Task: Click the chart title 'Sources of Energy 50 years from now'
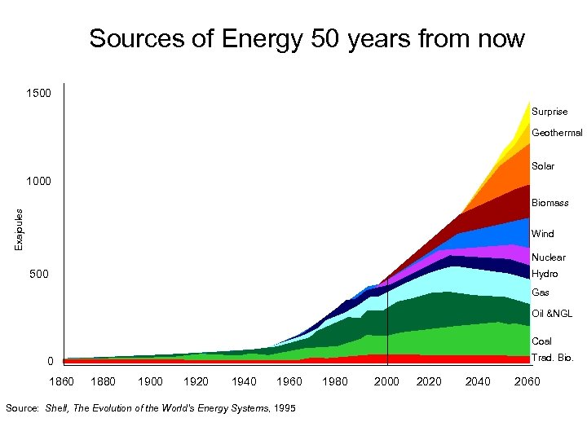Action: [307, 39]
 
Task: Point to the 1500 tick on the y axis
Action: [38, 95]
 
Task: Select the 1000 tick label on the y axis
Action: [38, 180]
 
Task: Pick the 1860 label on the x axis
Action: [62, 381]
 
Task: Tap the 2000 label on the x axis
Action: [386, 381]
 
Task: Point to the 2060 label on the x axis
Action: [526, 381]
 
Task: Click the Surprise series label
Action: [549, 112]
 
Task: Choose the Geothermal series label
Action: [557, 133]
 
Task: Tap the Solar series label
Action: [543, 166]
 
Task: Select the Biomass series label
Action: [550, 203]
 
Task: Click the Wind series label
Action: [543, 234]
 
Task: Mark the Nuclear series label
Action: [548, 257]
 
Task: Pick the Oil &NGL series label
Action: [552, 314]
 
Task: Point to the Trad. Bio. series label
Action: [553, 358]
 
